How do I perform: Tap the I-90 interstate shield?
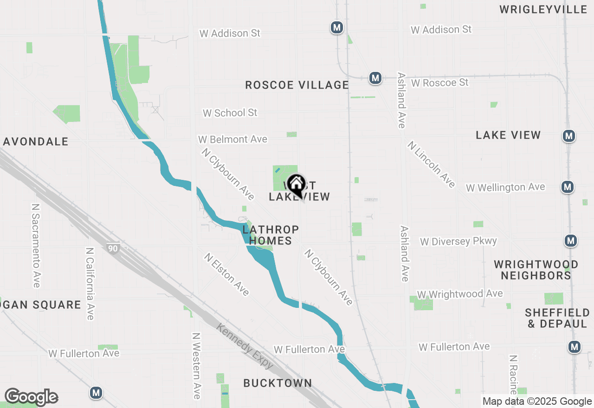pos(113,248)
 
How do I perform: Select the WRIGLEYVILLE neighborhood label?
pos(543,9)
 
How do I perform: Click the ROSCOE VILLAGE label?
pos(297,85)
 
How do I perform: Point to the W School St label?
pos(230,113)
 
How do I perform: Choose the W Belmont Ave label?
pos(232,139)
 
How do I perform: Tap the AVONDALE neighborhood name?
pos(36,141)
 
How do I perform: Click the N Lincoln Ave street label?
pos(431,164)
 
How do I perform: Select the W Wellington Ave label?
pos(505,187)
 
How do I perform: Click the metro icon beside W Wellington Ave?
pos(567,187)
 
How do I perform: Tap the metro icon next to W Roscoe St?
pos(375,78)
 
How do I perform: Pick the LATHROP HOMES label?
pos(271,235)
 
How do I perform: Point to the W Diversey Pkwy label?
pos(458,241)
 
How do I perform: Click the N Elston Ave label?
pos(227,274)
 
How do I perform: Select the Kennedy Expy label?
pos(245,346)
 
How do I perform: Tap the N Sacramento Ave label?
pos(36,245)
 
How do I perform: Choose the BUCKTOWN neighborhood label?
pos(278,383)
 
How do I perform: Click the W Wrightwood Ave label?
pos(459,294)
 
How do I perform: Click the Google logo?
pos(31,397)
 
